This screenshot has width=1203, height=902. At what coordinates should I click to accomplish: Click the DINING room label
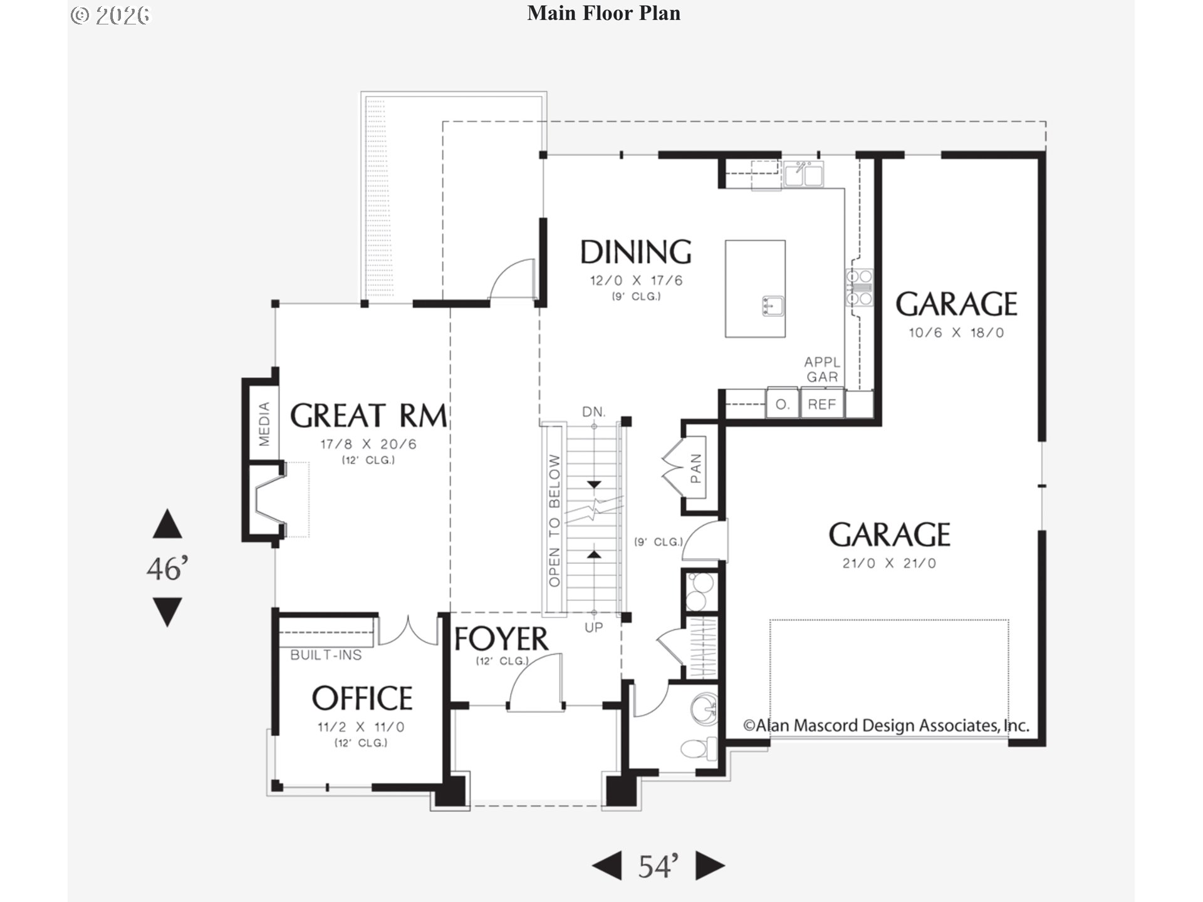point(635,252)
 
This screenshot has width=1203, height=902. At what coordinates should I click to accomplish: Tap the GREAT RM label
point(368,416)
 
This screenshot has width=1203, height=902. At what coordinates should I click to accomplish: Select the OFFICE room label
point(362,698)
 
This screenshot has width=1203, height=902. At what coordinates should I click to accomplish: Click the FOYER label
point(501,639)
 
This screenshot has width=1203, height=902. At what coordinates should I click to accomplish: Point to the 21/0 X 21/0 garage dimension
point(889,563)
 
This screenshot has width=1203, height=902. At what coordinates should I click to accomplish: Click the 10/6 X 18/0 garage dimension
point(956,333)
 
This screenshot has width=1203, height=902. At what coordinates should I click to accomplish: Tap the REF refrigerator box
point(822,404)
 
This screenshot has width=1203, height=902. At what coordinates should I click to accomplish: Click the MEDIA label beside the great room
point(264,424)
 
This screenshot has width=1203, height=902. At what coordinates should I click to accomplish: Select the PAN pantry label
point(695,469)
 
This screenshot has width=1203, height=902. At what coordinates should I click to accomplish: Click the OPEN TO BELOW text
point(555,520)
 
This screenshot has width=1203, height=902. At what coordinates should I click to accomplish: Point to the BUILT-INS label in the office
point(326,655)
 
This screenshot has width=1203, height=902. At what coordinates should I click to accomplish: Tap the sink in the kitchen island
point(773,306)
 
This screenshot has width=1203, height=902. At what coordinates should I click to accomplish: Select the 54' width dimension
point(658,866)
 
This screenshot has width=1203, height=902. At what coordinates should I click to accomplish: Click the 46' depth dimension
point(167,569)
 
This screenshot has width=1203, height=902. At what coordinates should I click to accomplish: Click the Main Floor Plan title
point(603,13)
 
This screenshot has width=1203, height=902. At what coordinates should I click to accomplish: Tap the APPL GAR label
point(822,370)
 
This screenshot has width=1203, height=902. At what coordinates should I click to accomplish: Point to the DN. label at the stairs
point(593,412)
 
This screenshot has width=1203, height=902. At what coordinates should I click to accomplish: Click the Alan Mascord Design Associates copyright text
point(886,725)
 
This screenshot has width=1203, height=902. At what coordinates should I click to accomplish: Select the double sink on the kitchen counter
point(803,174)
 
